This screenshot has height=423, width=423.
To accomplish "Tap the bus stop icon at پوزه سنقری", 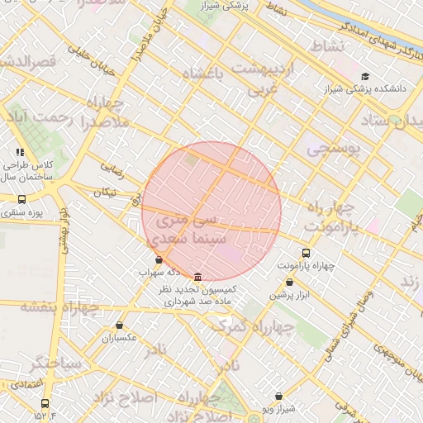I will tap(21, 199).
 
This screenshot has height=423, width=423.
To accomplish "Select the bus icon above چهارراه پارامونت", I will tap(306, 253).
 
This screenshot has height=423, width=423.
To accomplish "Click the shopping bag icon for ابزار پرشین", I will tap(288, 283).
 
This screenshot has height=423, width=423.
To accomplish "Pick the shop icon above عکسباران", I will tap(120, 326).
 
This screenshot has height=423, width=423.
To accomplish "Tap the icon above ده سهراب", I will tap(159, 259).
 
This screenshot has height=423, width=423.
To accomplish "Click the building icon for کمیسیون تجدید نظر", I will tap(197, 277).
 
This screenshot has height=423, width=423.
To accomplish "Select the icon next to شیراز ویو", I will tap(278, 397).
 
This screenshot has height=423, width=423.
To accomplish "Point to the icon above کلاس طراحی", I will tap(21, 152).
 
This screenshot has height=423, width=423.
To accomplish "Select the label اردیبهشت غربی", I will tap(261, 78).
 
